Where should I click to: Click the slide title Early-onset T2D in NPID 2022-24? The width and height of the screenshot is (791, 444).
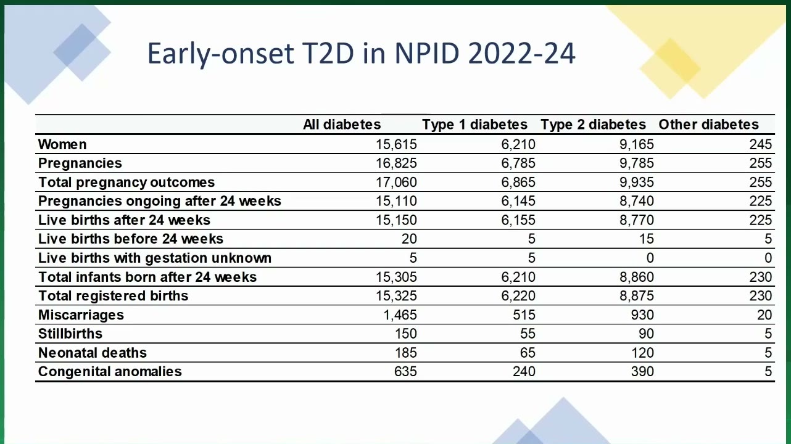coord(361,54)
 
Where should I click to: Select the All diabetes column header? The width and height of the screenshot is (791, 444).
coord(342,125)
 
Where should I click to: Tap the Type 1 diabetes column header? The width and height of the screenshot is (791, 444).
coord(474,125)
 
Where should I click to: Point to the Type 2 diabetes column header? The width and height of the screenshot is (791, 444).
coord(593,125)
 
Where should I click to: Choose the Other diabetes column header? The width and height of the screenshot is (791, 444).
coord(708,125)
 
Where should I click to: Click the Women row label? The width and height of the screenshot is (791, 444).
coord(62,144)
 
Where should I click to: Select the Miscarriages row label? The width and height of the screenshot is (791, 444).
coord(81,315)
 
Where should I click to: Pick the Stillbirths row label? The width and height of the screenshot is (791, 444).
coord(70,334)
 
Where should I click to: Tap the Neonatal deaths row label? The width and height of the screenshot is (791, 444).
coord(92,353)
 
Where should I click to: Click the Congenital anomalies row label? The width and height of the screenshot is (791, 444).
coord(110,372)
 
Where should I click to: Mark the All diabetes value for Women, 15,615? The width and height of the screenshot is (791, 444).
coord(396,144)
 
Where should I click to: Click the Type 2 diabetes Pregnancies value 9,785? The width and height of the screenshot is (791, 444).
coord(637,163)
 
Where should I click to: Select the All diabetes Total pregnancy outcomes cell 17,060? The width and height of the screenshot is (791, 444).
coord(396,182)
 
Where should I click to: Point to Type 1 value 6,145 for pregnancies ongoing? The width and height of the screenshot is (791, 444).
coord(518,201)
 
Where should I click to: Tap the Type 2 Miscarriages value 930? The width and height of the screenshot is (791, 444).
coord(642,315)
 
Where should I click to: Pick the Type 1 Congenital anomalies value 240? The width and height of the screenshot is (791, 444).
coord(524,372)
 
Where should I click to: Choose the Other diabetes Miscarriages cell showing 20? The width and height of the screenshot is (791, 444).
coord(764,315)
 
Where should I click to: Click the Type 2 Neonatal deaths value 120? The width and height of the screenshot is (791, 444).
coord(643,353)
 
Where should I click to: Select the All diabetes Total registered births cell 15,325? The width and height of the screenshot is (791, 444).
coord(396,296)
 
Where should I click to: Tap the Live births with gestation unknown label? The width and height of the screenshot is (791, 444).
coord(155,258)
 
